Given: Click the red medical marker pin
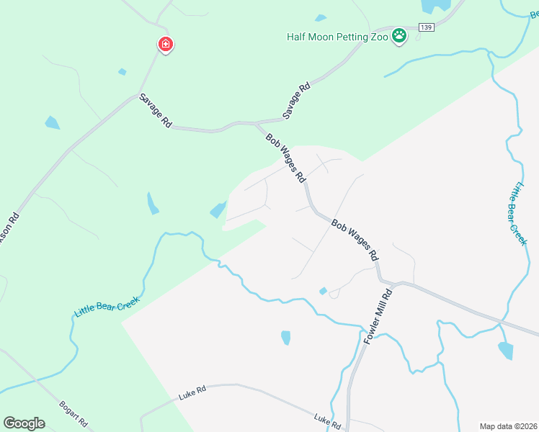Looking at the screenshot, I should (x=166, y=45).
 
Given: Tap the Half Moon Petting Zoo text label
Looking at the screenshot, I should (x=337, y=36).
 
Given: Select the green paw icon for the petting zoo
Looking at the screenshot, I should (x=398, y=36).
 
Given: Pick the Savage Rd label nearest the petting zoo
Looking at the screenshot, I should (x=296, y=101).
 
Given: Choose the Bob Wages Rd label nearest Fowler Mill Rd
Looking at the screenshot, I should (x=355, y=240).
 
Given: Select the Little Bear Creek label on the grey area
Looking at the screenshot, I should (x=520, y=215).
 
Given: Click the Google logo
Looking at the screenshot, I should (x=24, y=423).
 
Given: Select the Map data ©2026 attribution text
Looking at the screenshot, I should (x=508, y=426).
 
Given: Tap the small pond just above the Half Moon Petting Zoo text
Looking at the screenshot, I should (x=321, y=18).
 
